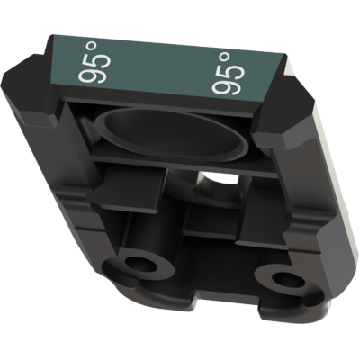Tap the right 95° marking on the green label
tap(228, 74)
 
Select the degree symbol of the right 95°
tap(225, 57)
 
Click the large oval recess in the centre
tap(171, 134)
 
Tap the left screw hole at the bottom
tap(139, 265)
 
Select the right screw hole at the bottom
tap(287, 281)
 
